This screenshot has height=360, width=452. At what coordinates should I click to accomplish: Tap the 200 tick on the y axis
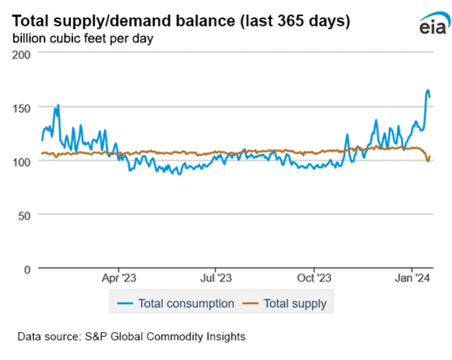[x=21, y=54]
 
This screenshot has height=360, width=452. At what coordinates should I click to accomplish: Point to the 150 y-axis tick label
[x=21, y=107]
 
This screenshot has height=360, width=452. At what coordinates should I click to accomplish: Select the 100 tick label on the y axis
[x=21, y=161]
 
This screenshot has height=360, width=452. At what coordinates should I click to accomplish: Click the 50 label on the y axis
[x=24, y=214]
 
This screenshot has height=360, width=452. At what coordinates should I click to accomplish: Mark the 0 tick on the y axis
[x=27, y=268]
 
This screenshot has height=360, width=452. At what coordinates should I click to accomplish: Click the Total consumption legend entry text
[x=186, y=303]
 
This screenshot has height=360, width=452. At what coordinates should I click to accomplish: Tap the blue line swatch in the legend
[x=125, y=303]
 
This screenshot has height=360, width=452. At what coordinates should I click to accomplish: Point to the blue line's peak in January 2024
[x=427, y=90]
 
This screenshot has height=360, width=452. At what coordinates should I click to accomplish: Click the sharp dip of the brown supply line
[x=428, y=161]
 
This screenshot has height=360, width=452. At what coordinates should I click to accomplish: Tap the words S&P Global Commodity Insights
[x=164, y=336]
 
